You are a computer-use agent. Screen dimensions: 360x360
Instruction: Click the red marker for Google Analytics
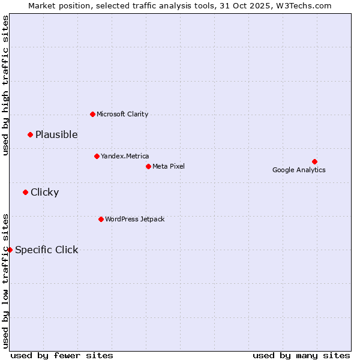click(314, 161)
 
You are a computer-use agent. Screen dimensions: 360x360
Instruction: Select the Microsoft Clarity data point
click(92, 114)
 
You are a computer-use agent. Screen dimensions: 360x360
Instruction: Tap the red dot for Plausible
click(30, 134)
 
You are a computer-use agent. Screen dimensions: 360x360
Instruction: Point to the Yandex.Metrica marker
click(97, 156)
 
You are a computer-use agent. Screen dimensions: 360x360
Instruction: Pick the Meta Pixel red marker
click(148, 166)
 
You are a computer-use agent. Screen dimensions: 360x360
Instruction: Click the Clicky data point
click(25, 192)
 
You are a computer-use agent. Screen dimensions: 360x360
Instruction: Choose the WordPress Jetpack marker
click(101, 219)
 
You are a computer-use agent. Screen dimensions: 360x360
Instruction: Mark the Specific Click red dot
click(10, 250)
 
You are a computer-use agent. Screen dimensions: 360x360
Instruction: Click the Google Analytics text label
click(299, 170)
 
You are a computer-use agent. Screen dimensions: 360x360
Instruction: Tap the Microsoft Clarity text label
click(122, 114)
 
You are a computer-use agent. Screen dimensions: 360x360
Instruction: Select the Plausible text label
click(56, 134)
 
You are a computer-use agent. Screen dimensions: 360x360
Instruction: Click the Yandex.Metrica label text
click(125, 156)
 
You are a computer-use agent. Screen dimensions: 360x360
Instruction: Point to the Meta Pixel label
click(169, 166)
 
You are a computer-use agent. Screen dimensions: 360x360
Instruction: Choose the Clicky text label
click(44, 192)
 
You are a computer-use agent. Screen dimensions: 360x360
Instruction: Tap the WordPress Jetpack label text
click(134, 219)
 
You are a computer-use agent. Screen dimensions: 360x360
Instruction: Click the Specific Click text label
click(46, 250)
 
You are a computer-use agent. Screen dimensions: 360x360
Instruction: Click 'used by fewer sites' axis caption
click(62, 355)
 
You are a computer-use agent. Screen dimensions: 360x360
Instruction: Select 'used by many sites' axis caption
click(301, 355)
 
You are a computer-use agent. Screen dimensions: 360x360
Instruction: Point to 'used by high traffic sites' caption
click(5, 85)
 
